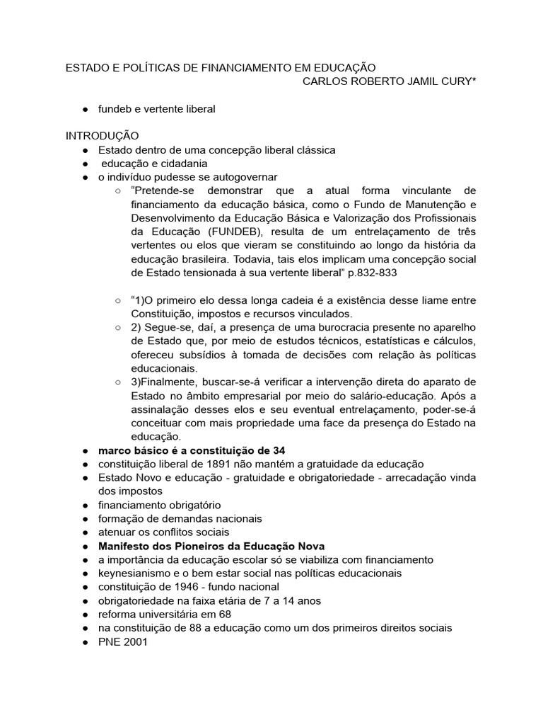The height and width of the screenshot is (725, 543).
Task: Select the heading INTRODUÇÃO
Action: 103,136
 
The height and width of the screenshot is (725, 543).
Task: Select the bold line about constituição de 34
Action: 191,450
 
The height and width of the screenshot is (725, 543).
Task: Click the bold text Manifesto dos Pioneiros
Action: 163,546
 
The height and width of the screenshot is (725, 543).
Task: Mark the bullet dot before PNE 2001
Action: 85,641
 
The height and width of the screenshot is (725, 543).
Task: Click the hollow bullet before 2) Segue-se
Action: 118,327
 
